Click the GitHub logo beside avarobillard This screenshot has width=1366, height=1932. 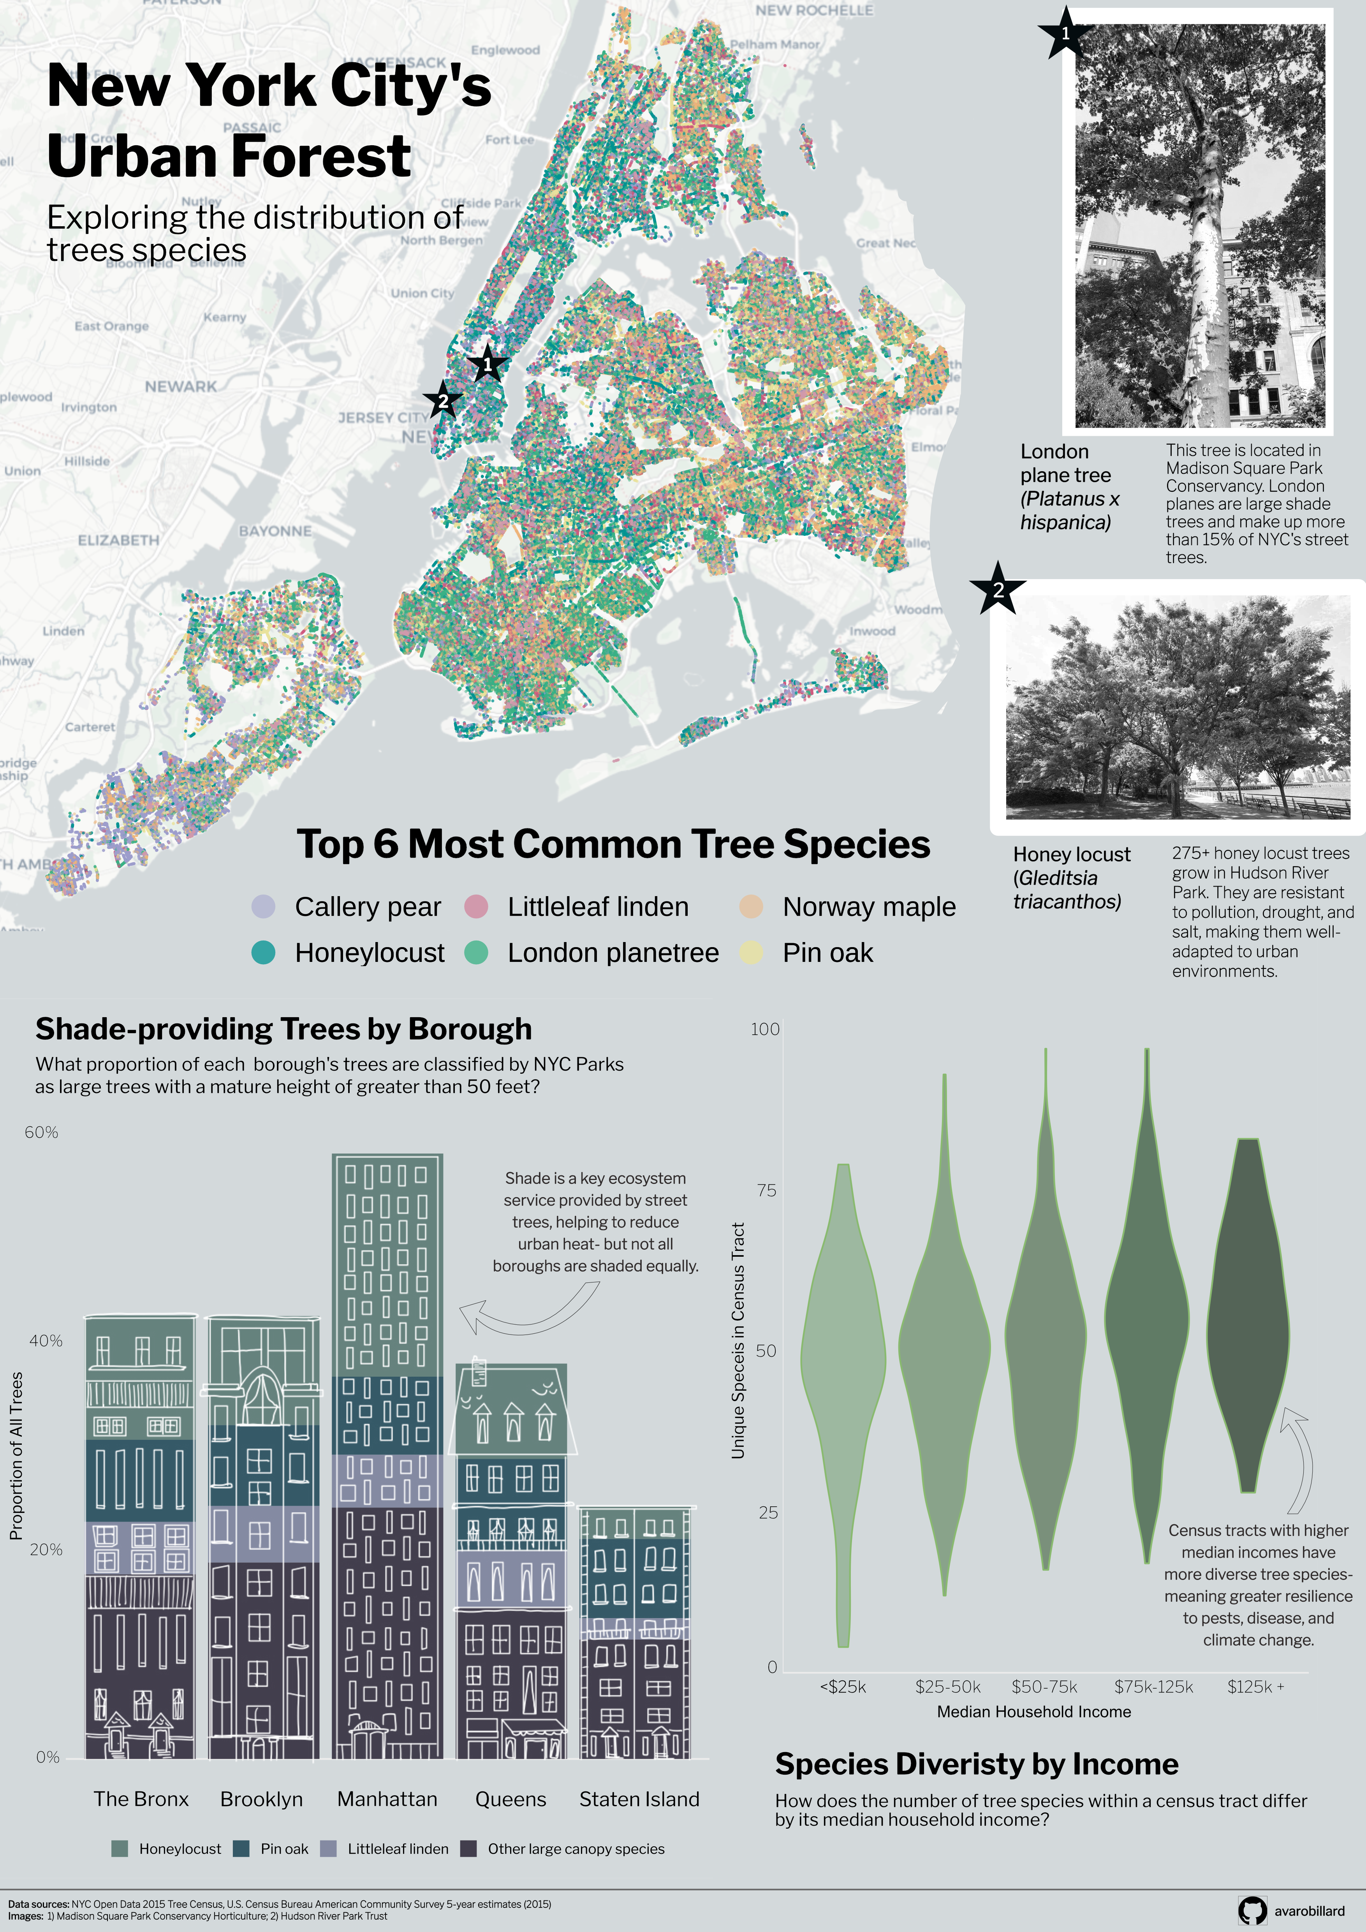(1252, 1910)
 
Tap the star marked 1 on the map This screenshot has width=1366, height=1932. (487, 365)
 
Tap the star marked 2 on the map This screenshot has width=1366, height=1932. (442, 400)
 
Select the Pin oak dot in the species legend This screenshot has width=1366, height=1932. (751, 953)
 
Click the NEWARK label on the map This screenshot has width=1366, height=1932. (181, 386)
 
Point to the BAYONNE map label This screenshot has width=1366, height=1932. (275, 531)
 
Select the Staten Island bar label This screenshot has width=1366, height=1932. (639, 1799)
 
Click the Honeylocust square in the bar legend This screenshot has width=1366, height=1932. (120, 1849)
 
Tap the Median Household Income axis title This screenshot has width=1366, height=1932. (1034, 1712)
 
